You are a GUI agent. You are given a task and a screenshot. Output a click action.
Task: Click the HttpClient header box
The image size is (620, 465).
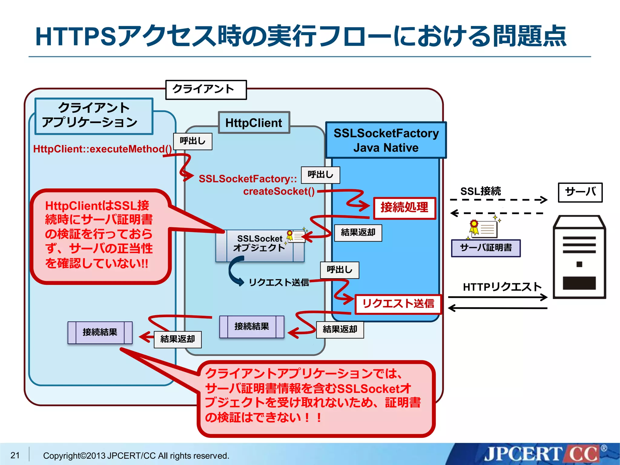tap(254, 123)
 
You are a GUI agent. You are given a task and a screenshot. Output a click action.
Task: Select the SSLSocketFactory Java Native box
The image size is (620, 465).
tap(386, 140)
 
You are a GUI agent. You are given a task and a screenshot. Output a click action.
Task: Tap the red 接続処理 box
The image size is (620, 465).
tap(404, 208)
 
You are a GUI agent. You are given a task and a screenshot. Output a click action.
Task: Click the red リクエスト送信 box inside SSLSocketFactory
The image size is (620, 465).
tap(398, 304)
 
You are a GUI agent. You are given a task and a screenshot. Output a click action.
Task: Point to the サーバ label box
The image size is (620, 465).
tap(580, 192)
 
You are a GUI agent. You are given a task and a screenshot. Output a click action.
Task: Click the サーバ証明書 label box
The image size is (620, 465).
tap(486, 248)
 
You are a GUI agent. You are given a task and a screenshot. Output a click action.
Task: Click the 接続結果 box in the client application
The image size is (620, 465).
tap(100, 332)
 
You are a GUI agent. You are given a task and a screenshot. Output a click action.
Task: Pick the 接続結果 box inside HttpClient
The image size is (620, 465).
tap(252, 327)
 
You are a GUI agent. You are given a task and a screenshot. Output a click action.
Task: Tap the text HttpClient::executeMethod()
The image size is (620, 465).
tap(102, 149)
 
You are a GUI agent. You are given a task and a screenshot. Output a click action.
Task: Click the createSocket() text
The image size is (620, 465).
tap(279, 191)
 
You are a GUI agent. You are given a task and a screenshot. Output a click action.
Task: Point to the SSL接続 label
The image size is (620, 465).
tap(480, 191)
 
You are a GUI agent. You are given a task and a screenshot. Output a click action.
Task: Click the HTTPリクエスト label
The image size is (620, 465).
tap(502, 287)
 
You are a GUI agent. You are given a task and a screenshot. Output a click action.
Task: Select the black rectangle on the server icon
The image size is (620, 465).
tap(579, 283)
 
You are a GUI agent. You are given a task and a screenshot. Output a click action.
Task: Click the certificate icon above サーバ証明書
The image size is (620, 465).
tap(484, 229)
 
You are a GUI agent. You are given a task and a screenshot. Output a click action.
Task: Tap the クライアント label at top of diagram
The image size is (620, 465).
tap(206, 90)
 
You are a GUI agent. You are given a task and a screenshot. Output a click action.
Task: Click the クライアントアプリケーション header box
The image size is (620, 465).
tap(94, 116)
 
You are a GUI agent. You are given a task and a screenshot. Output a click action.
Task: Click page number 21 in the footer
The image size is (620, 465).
tap(15, 455)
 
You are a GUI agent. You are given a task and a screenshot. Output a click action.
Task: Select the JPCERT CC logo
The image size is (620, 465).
tap(542, 454)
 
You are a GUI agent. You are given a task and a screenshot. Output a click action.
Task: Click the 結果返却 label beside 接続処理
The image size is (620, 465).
tap(358, 232)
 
